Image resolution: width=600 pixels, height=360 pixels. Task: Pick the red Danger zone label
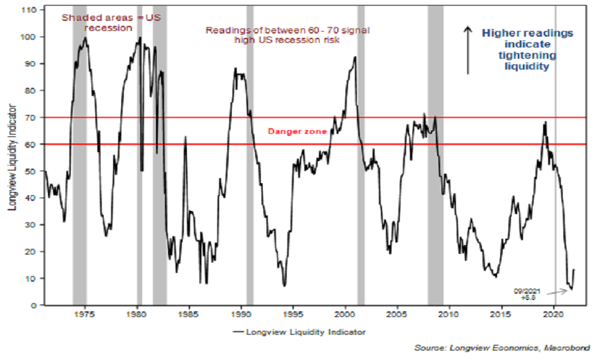[297, 131]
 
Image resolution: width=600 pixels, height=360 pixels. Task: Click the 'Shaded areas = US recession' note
[111, 23]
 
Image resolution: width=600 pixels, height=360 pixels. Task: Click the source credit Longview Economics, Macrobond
[503, 348]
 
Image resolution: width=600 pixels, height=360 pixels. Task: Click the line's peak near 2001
[355, 57]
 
